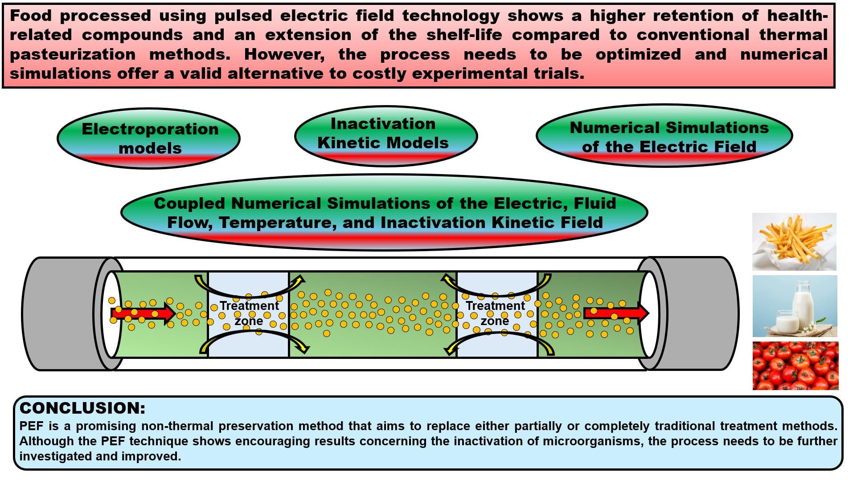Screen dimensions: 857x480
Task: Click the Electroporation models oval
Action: pyautogui.click(x=148, y=138)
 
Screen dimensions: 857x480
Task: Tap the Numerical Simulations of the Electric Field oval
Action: pyautogui.click(x=664, y=137)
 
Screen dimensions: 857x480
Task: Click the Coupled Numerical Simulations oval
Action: pyautogui.click(x=384, y=213)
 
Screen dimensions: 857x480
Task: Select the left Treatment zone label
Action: pyautogui.click(x=249, y=313)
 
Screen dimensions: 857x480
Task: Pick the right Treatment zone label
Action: pyautogui.click(x=495, y=313)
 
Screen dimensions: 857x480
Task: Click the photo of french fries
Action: pyautogui.click(x=794, y=242)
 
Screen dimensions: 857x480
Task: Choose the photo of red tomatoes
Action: pyautogui.click(x=795, y=366)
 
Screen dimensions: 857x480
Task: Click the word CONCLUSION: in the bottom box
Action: pyautogui.click(x=83, y=408)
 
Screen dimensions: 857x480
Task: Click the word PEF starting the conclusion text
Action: pyautogui.click(x=31, y=426)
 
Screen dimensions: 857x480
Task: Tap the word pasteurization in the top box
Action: pyautogui.click(x=73, y=54)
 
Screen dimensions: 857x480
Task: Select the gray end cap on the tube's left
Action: pyautogui.click(x=62, y=313)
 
